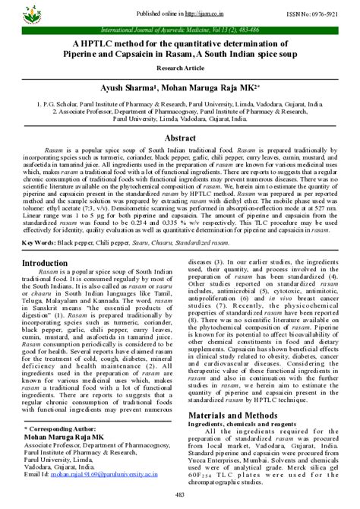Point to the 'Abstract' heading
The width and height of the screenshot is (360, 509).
click(180, 139)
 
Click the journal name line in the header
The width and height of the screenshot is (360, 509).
click(180, 28)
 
